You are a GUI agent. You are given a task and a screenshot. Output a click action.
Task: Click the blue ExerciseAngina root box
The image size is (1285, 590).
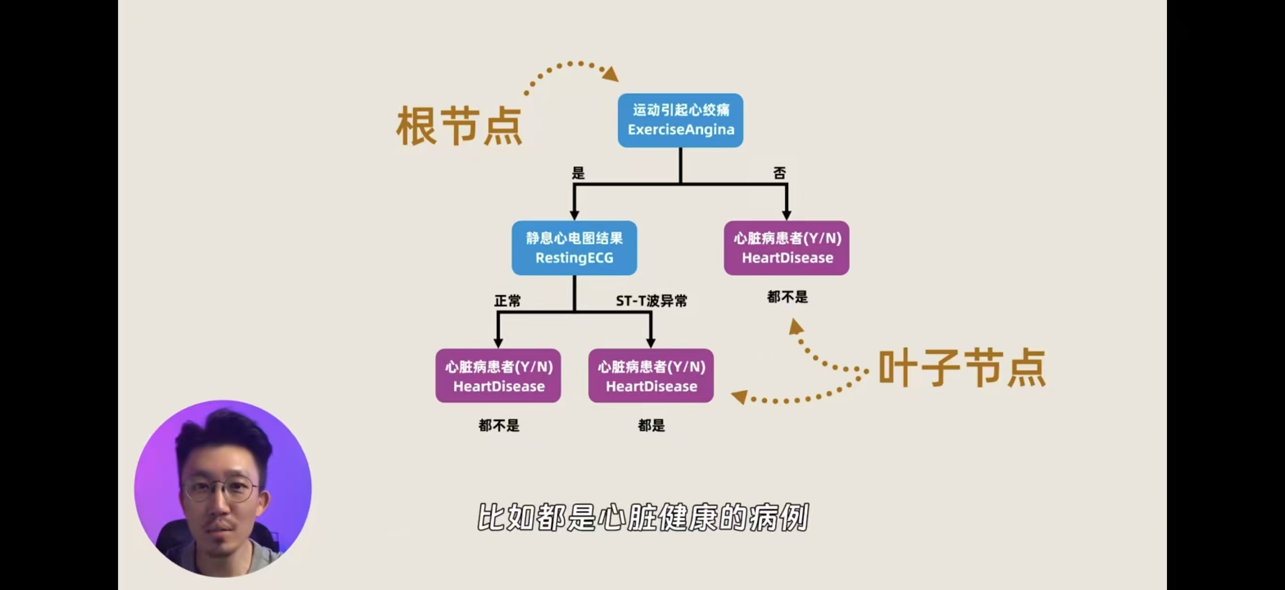pos(680,120)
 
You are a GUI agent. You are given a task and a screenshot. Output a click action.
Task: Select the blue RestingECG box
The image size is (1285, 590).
pos(574,248)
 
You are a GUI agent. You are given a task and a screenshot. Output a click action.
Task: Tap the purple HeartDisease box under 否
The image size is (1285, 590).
pos(787,248)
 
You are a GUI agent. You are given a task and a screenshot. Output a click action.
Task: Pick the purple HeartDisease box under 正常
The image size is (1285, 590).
pos(498,376)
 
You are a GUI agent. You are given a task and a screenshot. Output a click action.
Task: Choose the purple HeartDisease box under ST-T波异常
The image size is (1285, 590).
pos(651,376)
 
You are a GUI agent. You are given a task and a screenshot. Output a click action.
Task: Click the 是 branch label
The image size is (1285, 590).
pos(578,173)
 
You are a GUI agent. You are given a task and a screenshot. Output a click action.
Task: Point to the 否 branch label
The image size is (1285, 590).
pos(780,173)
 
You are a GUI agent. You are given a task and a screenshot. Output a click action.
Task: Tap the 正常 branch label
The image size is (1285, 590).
pos(508,301)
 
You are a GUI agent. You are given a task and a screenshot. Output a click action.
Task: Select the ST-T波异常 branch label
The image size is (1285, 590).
pos(651,301)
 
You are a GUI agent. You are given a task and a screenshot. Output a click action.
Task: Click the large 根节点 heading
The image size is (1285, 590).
pos(459,126)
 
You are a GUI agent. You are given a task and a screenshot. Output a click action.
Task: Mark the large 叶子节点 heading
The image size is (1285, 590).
pos(962,368)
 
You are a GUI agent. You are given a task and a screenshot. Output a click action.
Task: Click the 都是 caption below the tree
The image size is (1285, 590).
pos(651,426)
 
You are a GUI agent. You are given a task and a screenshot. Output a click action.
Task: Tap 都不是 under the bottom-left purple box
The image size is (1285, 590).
pos(498,426)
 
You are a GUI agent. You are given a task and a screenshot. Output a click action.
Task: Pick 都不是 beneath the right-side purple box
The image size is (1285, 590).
pos(787,297)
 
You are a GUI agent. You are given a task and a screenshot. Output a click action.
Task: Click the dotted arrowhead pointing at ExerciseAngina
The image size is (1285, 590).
pos(611,74)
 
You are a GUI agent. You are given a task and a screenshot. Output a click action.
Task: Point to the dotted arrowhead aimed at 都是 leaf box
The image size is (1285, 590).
pos(739,397)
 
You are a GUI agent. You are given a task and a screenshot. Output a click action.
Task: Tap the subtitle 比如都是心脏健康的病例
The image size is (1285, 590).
pos(642,517)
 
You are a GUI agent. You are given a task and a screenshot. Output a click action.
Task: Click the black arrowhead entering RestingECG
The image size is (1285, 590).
pos(574,214)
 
